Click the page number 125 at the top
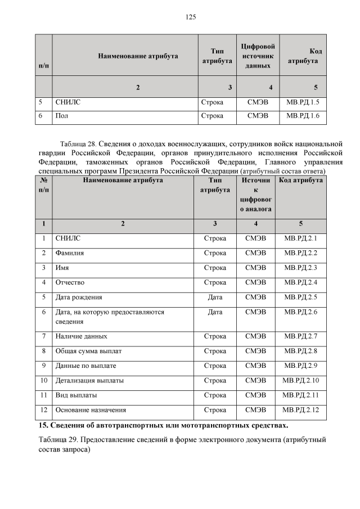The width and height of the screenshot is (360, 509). (x=191, y=17)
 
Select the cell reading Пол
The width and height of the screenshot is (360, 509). (x=61, y=116)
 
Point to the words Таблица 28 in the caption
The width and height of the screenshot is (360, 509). (x=79, y=143)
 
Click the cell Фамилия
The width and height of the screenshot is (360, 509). (x=70, y=253)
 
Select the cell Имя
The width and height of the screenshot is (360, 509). (x=62, y=268)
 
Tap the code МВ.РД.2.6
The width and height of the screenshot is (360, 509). (x=301, y=312)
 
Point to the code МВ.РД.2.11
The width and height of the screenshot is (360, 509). (x=301, y=395)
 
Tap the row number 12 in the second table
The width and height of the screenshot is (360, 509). (x=43, y=410)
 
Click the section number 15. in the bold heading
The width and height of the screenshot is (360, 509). (x=43, y=424)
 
